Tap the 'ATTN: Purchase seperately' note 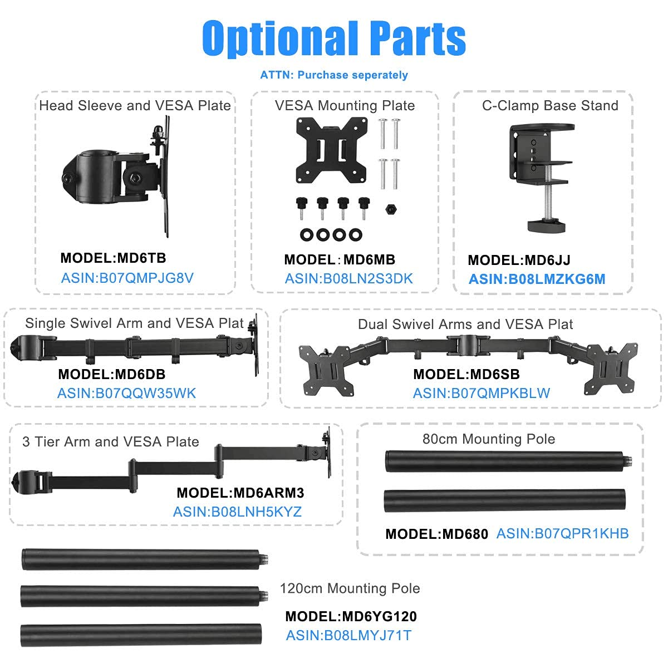click(x=334, y=75)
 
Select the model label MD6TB click(x=113, y=258)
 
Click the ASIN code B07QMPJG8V click(x=127, y=278)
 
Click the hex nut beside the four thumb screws click(x=390, y=209)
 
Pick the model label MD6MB click(x=340, y=259)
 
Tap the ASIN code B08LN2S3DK click(x=349, y=278)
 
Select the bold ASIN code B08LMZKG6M click(x=537, y=279)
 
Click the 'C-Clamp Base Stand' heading click(x=550, y=106)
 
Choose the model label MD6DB click(x=112, y=374)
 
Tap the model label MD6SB click(x=466, y=374)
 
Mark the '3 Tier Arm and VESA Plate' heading click(x=111, y=442)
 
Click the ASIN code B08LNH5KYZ click(x=237, y=512)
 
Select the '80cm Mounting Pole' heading click(x=489, y=439)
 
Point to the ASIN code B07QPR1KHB click(x=562, y=533)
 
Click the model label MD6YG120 click(x=351, y=616)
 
